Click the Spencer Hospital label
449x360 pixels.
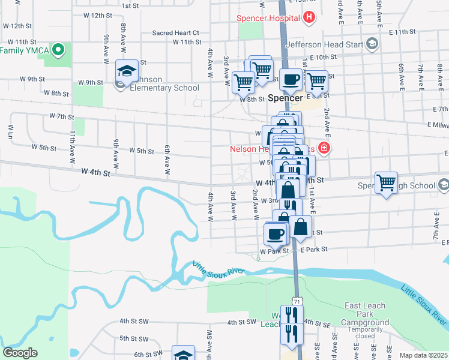(x=268, y=18)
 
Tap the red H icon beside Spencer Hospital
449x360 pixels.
(x=309, y=17)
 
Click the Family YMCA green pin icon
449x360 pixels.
(x=58, y=49)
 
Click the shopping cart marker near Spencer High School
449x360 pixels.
(x=386, y=182)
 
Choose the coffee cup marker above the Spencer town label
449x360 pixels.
(x=291, y=79)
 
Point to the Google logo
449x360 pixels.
(x=20, y=353)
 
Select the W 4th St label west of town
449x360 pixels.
(x=97, y=173)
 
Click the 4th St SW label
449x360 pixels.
(x=242, y=322)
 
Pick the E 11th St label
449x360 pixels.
(x=402, y=31)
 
